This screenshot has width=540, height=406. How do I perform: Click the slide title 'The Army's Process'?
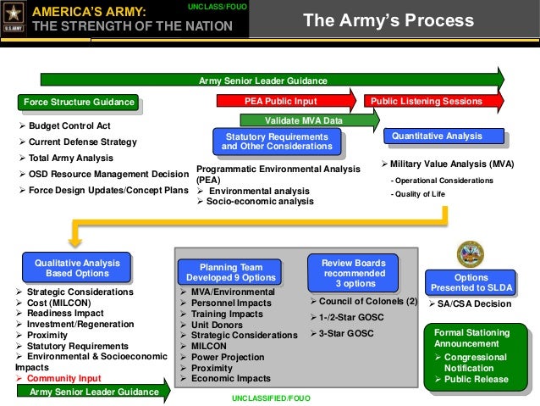[388, 20]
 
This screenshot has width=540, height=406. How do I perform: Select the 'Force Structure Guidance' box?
[79, 103]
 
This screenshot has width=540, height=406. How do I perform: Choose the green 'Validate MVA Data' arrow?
[309, 120]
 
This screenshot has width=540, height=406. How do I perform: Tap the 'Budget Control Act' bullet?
[68, 126]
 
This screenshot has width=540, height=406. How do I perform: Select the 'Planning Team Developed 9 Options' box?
[226, 272]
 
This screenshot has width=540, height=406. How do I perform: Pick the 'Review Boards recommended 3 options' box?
[354, 273]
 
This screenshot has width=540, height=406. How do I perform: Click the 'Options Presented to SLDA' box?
[471, 283]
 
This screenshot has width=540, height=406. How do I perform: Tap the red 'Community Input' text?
[63, 378]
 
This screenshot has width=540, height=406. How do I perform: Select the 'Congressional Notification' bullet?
[476, 363]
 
